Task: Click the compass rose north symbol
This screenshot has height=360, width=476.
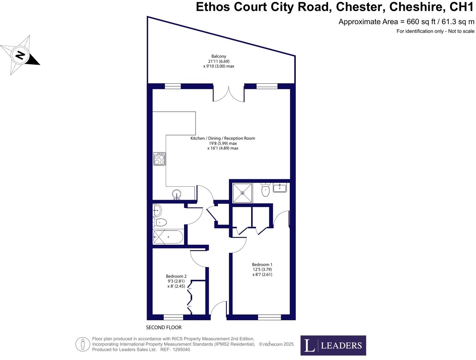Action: (20, 55)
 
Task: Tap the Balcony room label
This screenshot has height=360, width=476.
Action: (219, 56)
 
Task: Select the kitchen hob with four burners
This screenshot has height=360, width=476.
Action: (159, 159)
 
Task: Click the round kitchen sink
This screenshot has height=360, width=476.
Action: (177, 194)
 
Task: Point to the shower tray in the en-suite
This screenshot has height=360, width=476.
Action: (243, 193)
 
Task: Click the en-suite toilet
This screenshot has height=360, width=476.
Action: (265, 190)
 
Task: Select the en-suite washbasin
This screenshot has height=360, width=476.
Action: (279, 188)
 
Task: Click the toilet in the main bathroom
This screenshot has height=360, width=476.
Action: (160, 222)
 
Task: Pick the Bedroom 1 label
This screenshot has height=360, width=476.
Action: (262, 264)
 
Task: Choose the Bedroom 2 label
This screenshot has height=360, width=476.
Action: (176, 276)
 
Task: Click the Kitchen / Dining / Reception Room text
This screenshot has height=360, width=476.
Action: (223, 138)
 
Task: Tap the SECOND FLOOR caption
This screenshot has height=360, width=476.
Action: (164, 327)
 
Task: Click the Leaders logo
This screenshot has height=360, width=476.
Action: (333, 345)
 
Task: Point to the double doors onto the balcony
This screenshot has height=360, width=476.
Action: (229, 94)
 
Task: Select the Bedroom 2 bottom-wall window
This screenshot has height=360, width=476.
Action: (173, 317)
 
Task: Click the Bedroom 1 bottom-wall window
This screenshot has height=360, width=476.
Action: (270, 317)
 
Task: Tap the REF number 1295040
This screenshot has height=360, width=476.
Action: (180, 349)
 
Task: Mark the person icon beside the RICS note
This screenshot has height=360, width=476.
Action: (83, 344)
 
